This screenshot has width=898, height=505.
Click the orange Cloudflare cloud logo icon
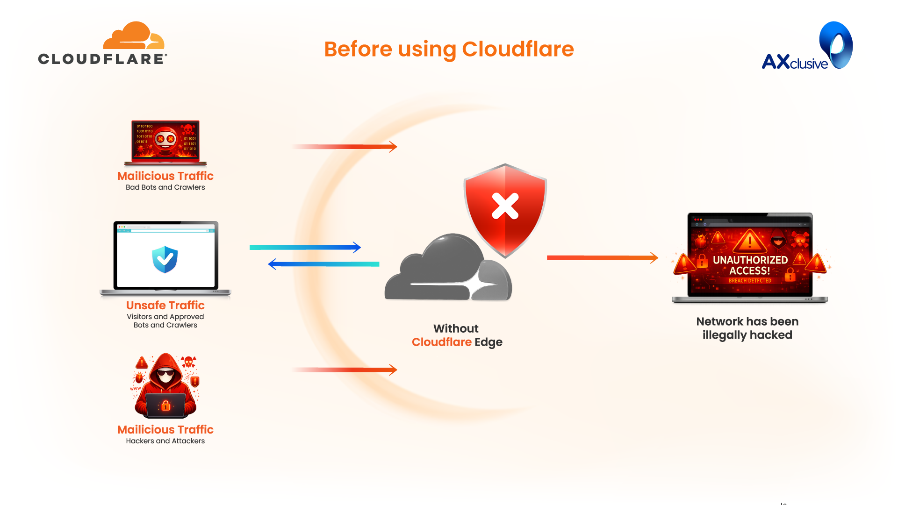[133, 36]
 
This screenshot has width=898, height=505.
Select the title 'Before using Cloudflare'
[449, 49]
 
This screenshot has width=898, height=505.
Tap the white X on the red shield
[505, 206]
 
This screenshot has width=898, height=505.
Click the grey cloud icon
[444, 271]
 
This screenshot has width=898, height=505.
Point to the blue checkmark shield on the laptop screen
[165, 259]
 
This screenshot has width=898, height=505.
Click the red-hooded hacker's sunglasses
[165, 372]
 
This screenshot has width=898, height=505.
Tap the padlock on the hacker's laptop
[165, 405]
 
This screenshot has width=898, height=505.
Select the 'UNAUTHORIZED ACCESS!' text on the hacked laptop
[750, 265]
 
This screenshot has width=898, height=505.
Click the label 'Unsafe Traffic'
[165, 306]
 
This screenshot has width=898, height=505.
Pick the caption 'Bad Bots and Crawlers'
[165, 187]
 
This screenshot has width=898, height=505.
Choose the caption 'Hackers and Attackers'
[165, 441]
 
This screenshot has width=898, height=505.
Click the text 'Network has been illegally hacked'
[747, 328]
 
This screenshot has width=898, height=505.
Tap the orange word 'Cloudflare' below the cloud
[441, 342]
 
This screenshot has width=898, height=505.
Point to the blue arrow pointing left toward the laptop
[323, 264]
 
